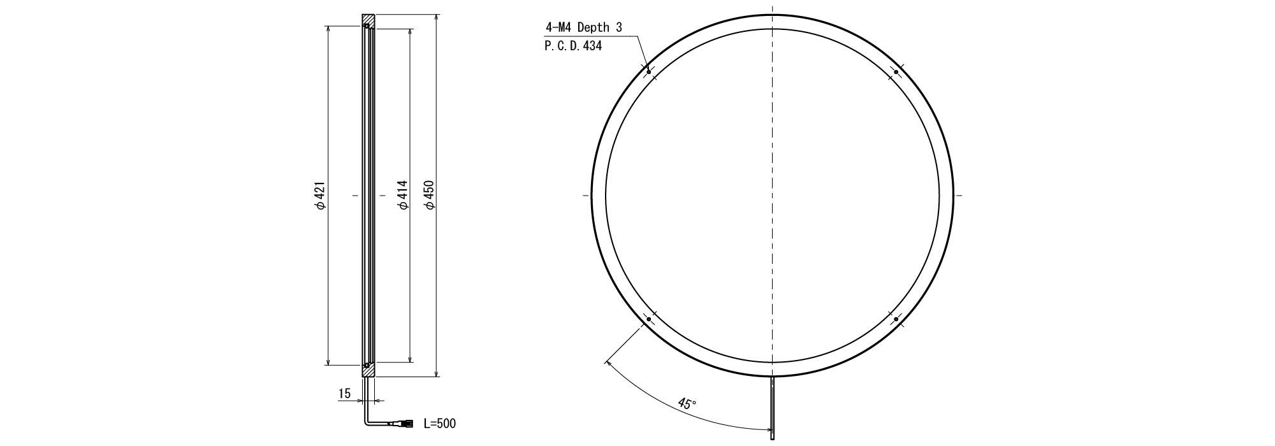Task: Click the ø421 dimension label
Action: (320, 196)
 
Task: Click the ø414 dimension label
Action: (402, 196)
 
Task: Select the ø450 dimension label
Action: (429, 196)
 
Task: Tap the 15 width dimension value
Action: (344, 394)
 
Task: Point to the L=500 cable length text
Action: (440, 423)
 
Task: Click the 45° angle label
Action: (687, 404)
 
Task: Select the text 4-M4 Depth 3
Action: (583, 27)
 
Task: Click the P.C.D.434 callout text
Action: (573, 46)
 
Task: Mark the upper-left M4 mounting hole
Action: (648, 71)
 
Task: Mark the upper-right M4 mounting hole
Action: (896, 72)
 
